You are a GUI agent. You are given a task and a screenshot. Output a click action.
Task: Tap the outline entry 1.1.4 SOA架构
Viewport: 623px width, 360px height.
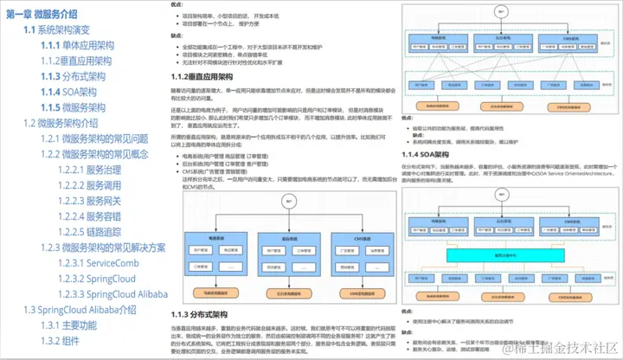click(x=74, y=91)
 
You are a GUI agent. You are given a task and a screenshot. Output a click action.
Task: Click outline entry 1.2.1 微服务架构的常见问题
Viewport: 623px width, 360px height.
click(x=94, y=138)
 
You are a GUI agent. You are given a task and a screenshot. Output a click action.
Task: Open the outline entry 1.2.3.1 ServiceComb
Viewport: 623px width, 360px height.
click(x=96, y=262)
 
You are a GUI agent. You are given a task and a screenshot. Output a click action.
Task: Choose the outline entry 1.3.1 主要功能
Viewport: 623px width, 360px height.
click(x=72, y=325)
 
